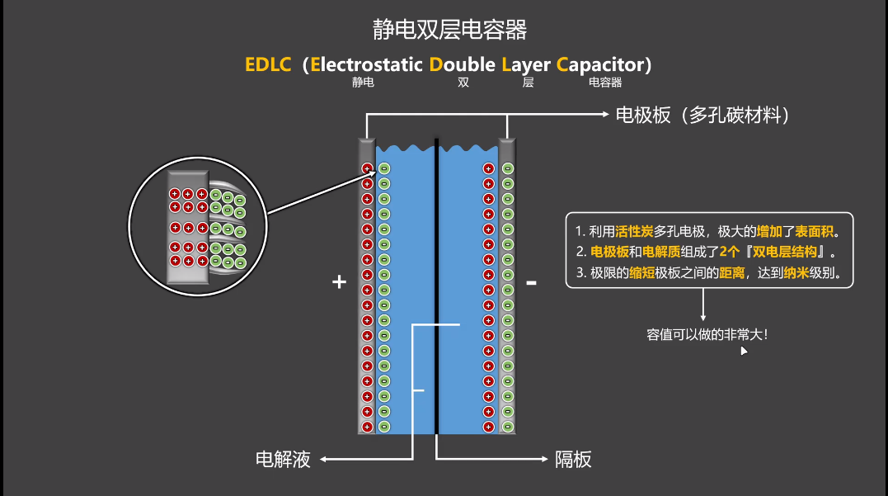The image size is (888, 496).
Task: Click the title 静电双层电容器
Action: pos(449,31)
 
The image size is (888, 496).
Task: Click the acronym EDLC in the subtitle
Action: pos(268,64)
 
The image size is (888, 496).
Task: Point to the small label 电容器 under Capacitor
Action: pos(604,83)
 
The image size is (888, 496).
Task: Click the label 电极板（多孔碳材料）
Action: pos(703,116)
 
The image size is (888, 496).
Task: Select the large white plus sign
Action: pos(338,282)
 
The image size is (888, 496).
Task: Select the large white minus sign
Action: pos(532,282)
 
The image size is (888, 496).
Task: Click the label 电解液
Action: pos(283,460)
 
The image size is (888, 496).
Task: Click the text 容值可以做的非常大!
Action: pos(707,335)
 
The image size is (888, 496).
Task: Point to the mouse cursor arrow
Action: pos(743,350)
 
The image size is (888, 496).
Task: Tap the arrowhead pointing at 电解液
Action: pos(323,459)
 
